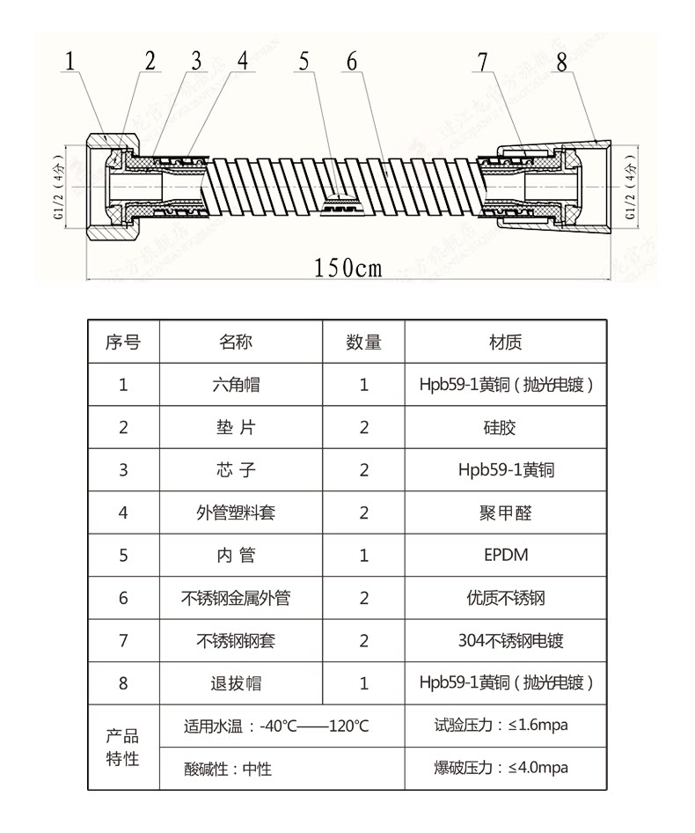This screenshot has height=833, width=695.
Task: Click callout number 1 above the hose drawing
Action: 70,61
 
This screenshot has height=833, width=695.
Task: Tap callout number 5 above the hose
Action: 304,61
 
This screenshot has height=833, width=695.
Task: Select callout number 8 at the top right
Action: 561,61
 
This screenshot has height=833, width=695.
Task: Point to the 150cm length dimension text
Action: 348,267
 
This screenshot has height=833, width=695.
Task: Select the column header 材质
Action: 506,343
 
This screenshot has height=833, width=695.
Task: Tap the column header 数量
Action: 364,343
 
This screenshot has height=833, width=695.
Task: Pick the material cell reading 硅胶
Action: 506,428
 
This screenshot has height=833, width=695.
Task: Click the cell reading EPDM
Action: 506,556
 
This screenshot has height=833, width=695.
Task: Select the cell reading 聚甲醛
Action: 506,512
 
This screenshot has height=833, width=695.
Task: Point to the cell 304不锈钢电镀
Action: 506,641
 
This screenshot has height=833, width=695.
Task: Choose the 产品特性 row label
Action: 123,748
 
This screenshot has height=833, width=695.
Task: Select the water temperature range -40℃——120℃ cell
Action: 276,727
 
